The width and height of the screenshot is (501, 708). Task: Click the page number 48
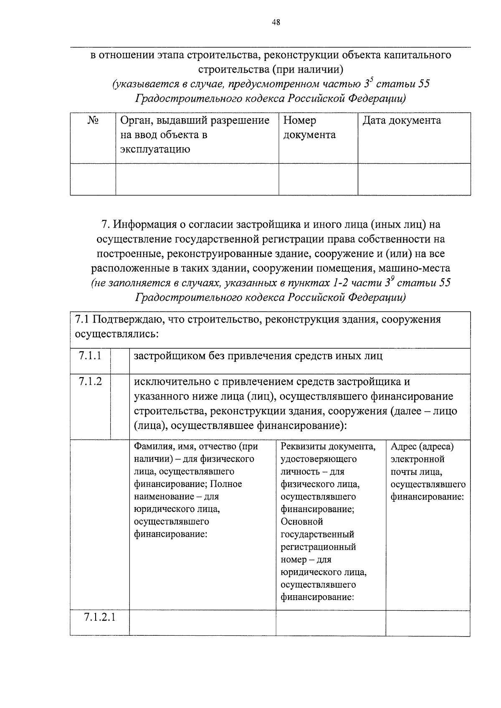pos(276,23)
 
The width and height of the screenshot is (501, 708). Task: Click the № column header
pos(93,121)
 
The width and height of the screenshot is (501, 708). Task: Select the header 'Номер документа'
pos(309,127)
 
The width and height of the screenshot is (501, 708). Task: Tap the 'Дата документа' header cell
pos(401,121)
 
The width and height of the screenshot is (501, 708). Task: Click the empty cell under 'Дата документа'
pos(414,179)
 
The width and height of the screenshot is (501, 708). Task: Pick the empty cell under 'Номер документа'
pos(318,179)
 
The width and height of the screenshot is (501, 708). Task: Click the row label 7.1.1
pos(90,356)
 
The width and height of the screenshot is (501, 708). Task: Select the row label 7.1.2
pos(90,381)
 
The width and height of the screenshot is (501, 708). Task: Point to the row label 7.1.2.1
pos(99,617)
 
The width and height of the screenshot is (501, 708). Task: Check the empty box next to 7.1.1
pos(120,361)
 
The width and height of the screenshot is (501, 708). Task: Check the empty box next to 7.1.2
pos(120,406)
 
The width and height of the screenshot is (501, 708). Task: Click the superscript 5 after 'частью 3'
pos(370,79)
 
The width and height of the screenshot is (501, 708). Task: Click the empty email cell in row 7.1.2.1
pos(428,622)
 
